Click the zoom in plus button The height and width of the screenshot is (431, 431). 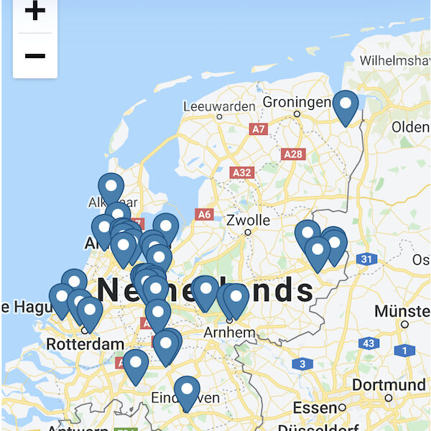point(34,11)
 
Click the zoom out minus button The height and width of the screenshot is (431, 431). point(34,55)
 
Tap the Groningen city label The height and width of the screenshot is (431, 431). point(297,102)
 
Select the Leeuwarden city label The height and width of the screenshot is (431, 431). point(219,106)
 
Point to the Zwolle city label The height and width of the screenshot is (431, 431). point(248,220)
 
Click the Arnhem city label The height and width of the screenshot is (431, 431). point(229,333)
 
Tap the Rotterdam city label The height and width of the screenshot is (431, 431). point(85,344)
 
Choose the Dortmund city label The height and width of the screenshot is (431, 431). point(389,385)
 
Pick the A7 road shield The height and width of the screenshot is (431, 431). point(259,129)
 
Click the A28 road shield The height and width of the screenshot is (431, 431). point(293,154)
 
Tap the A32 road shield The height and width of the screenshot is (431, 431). point(242,172)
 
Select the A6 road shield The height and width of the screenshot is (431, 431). point(205,214)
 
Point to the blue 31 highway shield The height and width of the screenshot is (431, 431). point(367,259)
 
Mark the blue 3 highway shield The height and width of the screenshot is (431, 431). point(302,364)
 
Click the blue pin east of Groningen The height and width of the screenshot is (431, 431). point(346,106)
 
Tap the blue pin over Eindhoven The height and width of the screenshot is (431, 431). point(187,391)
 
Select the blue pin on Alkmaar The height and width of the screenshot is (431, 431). point(111,188)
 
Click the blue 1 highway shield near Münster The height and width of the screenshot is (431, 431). point(404,351)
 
